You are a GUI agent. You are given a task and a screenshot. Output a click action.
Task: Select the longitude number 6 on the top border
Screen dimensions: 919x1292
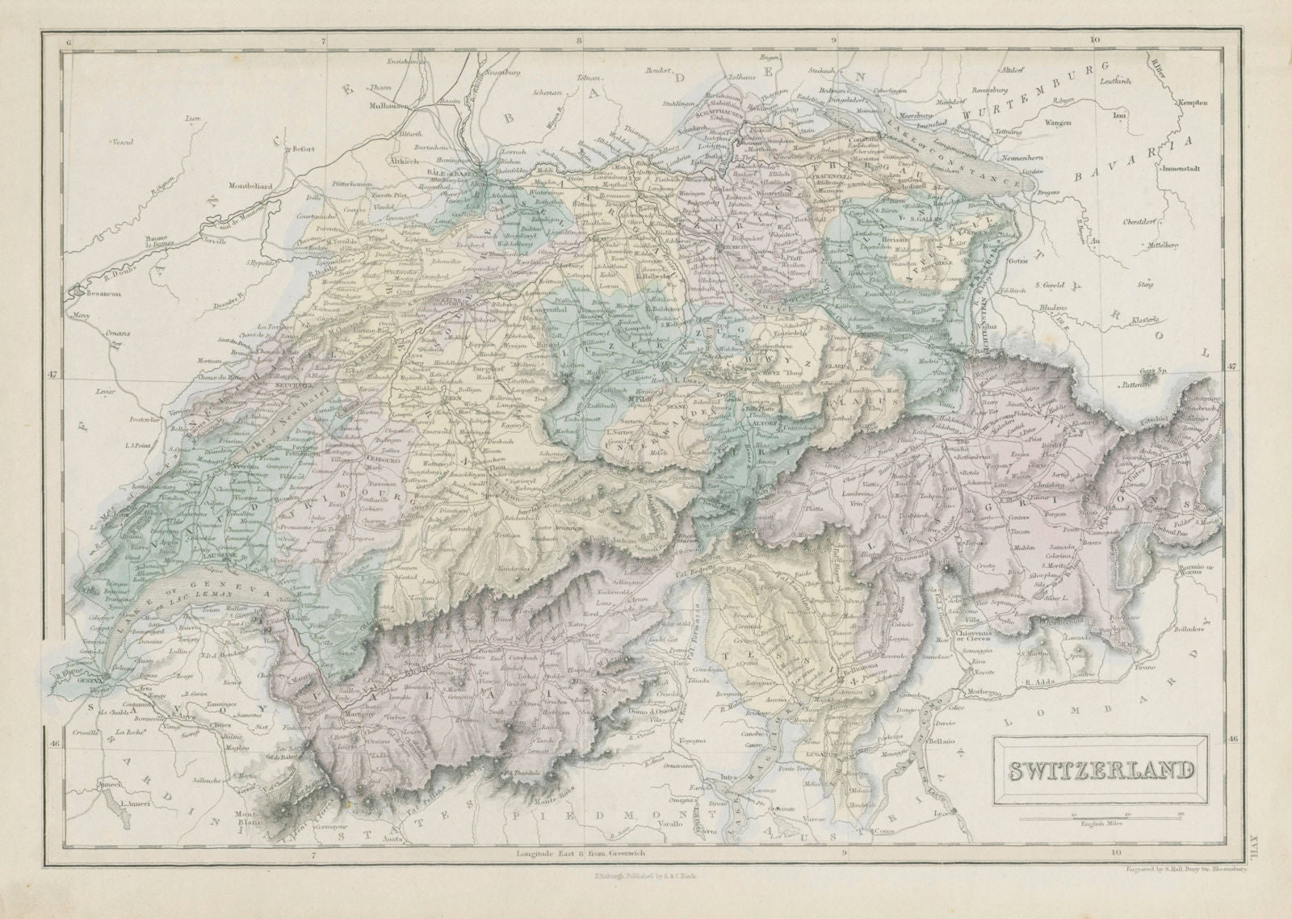click(70, 39)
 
